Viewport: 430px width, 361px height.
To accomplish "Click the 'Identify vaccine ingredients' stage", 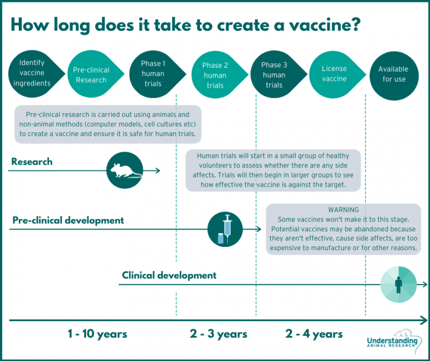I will click(32, 73).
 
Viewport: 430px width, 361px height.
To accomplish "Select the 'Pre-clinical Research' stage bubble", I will click(91, 75).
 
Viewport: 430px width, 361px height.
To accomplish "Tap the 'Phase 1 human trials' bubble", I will click(153, 74).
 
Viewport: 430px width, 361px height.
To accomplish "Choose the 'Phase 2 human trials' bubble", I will click(214, 75).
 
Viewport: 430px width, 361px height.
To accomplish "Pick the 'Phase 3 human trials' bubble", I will click(274, 75).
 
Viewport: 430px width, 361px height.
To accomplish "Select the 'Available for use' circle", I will click(393, 74).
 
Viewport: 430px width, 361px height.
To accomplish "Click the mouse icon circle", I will click(126, 169).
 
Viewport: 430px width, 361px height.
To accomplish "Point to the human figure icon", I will click(399, 284).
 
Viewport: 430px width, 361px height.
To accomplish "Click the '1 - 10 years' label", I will click(97, 334).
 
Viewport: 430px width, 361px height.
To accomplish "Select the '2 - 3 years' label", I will click(218, 334).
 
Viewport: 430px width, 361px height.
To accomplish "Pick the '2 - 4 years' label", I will click(314, 334).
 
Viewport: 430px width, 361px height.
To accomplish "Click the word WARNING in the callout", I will click(343, 209).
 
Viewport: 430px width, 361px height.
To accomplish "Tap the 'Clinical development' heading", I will click(169, 275).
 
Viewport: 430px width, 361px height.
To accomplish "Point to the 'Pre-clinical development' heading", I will click(68, 220).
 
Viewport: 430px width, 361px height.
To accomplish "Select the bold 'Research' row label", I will click(32, 161).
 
